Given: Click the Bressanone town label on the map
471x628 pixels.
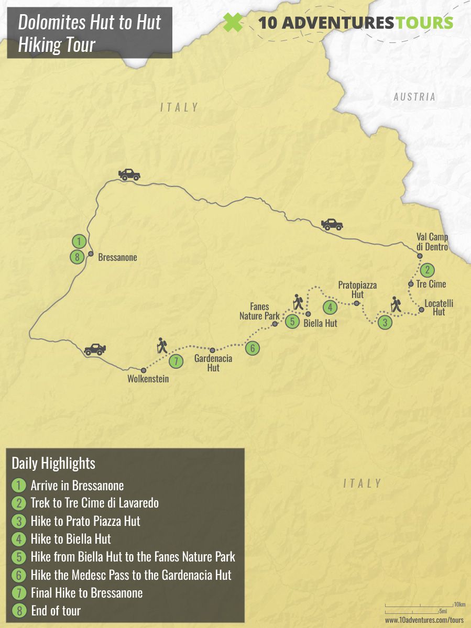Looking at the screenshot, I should (x=118, y=257).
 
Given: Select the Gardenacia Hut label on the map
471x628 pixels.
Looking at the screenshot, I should (x=213, y=363).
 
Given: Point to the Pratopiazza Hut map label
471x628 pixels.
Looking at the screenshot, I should (x=357, y=290).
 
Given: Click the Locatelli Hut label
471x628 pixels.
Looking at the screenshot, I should (x=439, y=307).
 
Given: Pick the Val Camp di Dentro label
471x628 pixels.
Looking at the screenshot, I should (x=432, y=242).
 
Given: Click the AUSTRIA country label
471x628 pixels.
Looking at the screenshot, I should (x=414, y=96).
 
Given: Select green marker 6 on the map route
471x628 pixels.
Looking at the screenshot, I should (x=252, y=348).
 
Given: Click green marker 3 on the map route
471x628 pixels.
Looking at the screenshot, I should (x=385, y=323).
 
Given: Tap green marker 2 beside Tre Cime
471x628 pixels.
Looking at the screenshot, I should (x=428, y=270).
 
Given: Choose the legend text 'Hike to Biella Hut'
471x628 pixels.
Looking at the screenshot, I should (x=71, y=538).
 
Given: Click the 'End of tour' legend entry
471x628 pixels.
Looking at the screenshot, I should (x=56, y=610).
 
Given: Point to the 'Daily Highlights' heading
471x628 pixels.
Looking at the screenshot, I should (x=53, y=464).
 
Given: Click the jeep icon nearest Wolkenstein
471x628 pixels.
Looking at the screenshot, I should (x=95, y=349).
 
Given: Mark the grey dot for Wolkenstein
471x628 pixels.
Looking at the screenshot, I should (x=144, y=370).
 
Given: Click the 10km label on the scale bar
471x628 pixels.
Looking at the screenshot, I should (x=459, y=604).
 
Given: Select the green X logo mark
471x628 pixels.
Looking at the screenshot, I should (x=233, y=23).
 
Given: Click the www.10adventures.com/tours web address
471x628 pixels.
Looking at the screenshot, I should (x=424, y=620).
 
